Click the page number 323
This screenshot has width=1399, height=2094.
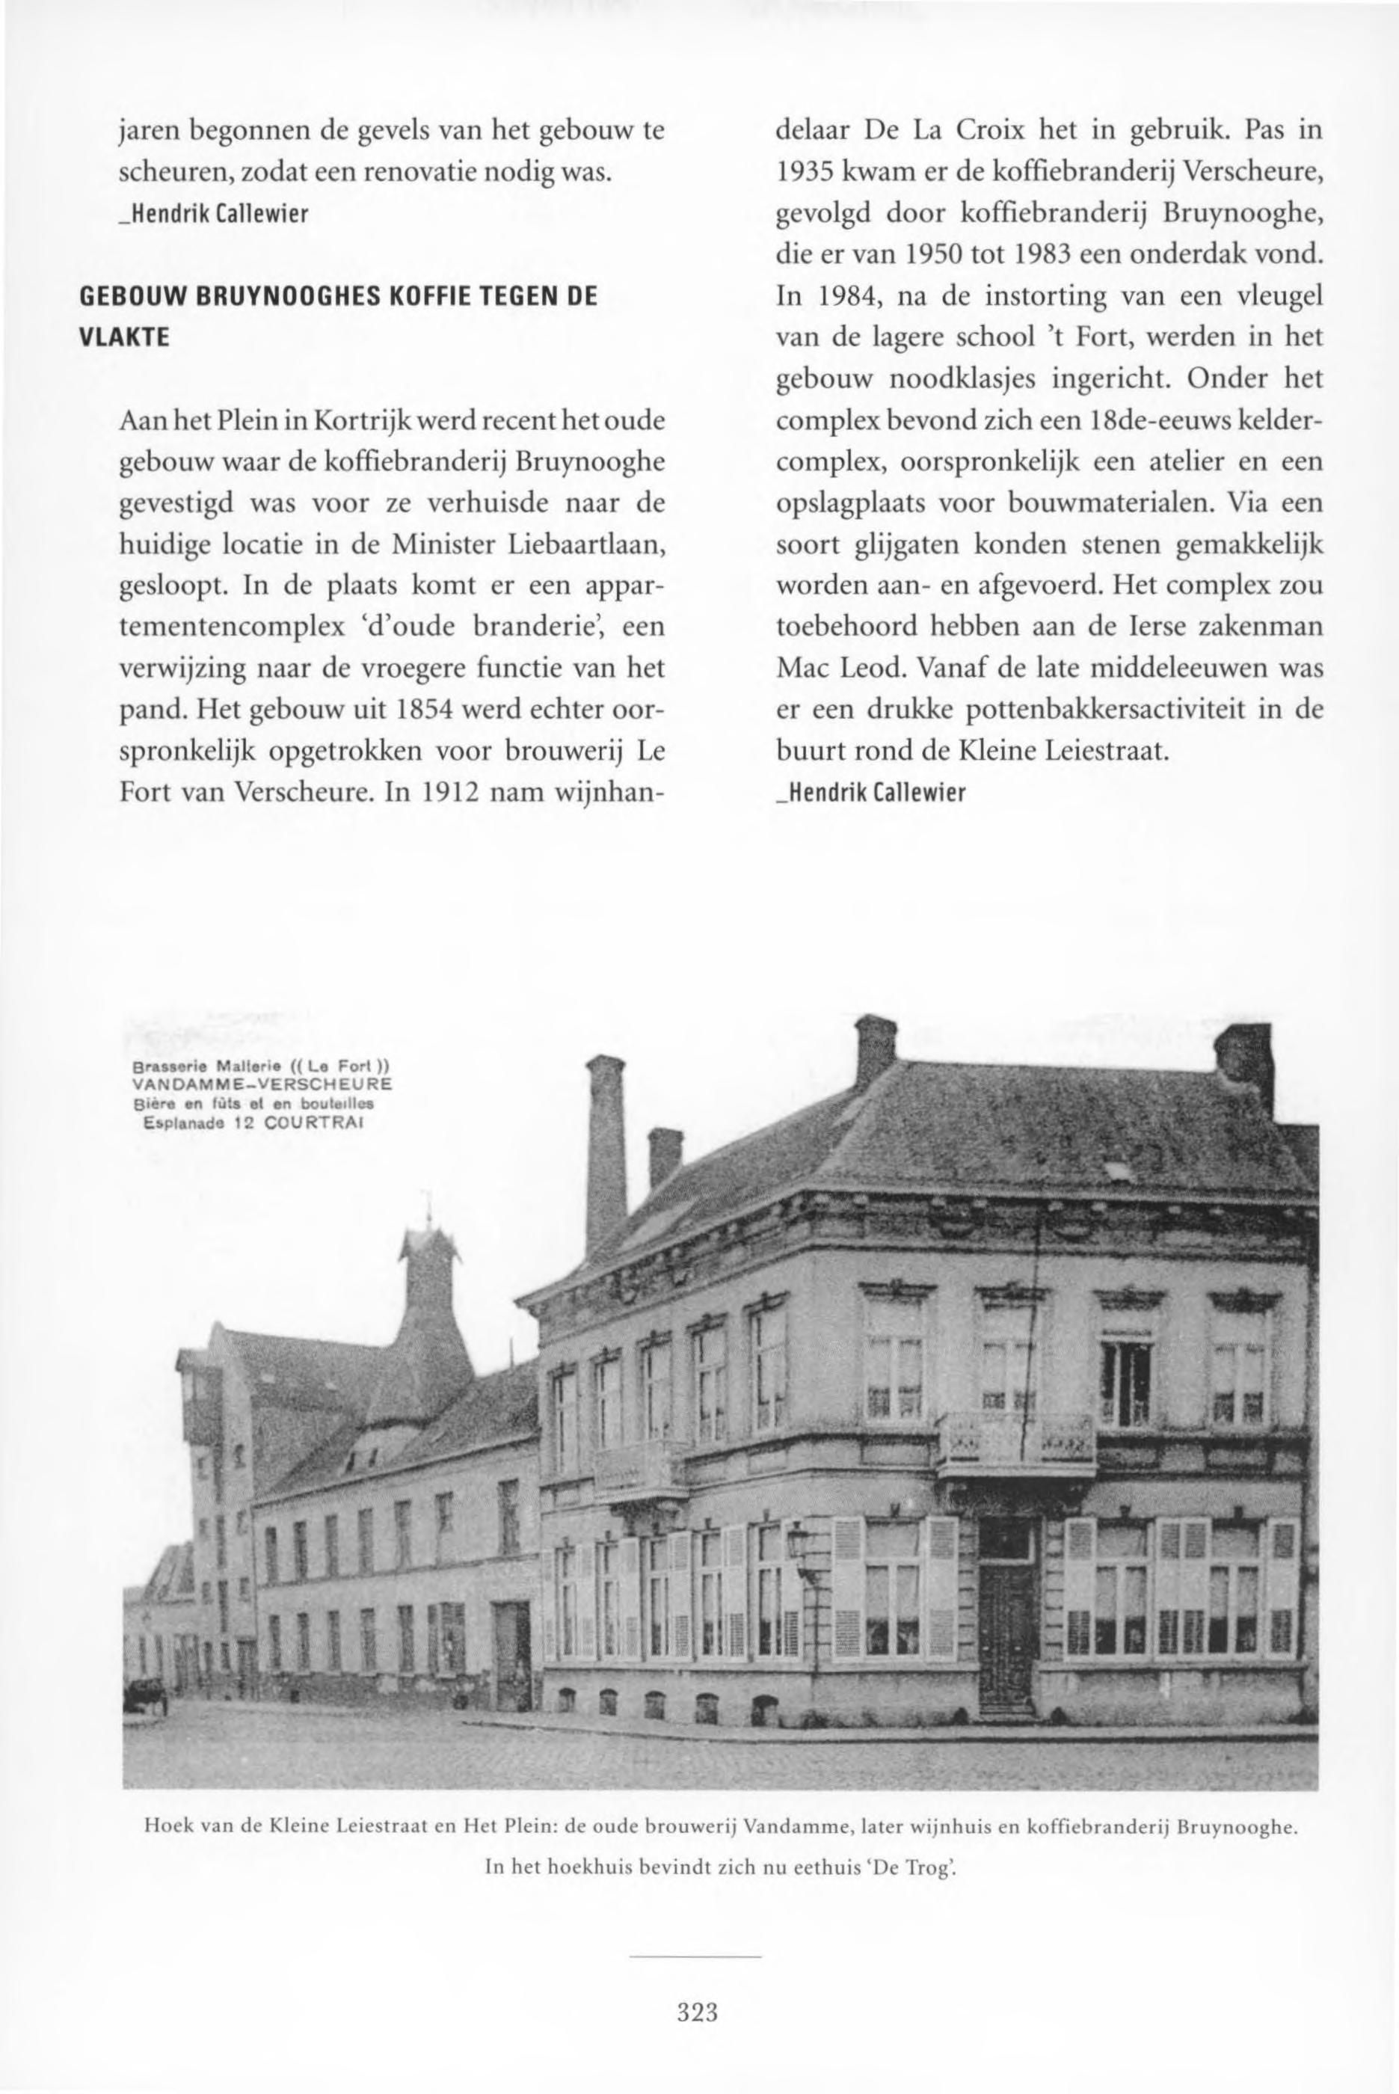click(698, 1988)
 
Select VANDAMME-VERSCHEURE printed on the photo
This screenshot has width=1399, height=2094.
click(262, 1085)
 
